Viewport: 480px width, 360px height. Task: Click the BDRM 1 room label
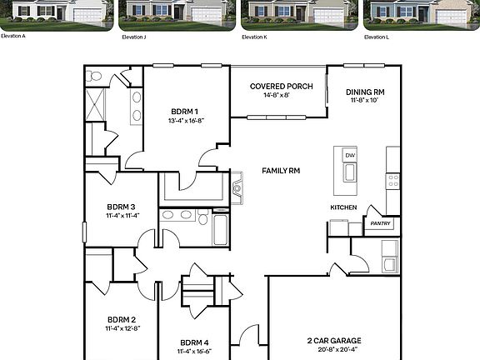click(x=185, y=112)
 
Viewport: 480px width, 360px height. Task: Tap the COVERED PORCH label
click(x=282, y=86)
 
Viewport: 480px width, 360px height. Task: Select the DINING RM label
click(x=367, y=92)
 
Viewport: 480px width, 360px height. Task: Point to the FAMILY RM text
click(x=281, y=171)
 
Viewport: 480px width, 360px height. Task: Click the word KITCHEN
click(x=343, y=207)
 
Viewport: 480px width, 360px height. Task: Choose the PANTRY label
click(x=380, y=223)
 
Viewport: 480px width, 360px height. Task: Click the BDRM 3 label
click(x=121, y=207)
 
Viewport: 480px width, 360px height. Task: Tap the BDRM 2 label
click(x=121, y=319)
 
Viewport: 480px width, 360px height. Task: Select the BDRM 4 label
click(x=194, y=342)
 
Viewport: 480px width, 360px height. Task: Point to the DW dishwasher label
click(x=350, y=156)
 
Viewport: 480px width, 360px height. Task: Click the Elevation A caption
click(x=12, y=37)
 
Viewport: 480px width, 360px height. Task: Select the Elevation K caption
click(x=254, y=37)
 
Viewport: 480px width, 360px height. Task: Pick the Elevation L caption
click(x=377, y=37)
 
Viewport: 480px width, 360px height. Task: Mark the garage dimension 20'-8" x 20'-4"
click(x=333, y=350)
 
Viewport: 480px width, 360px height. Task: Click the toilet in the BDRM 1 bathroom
click(x=95, y=77)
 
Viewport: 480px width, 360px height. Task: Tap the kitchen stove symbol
click(x=393, y=178)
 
